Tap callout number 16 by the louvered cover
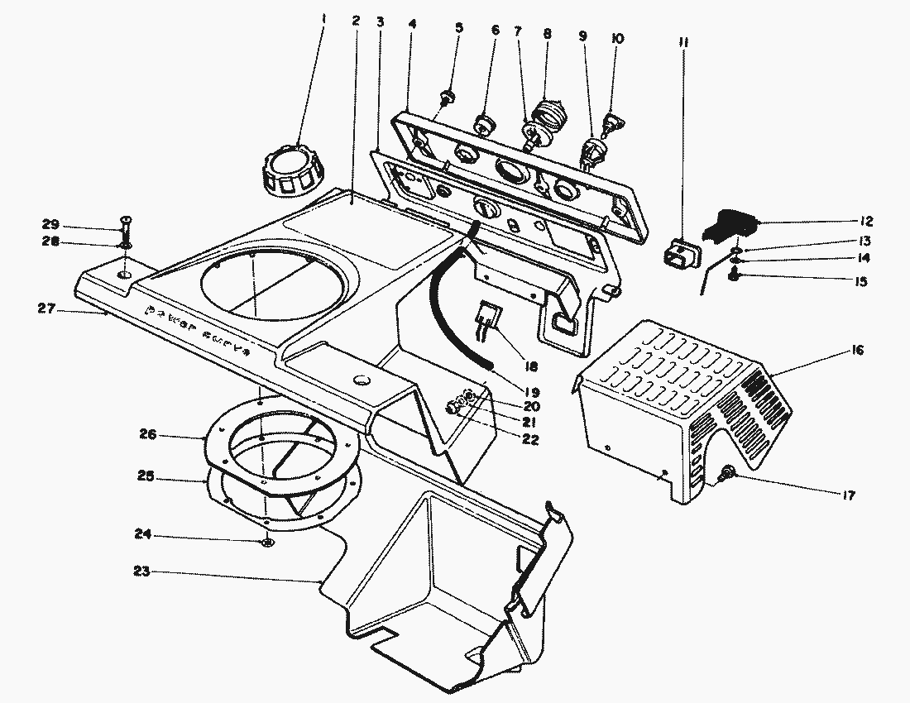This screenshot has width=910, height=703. tap(856, 351)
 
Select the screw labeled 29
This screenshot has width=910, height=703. tap(125, 226)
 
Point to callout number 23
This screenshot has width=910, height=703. tap(141, 571)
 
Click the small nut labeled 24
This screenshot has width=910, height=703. tap(266, 542)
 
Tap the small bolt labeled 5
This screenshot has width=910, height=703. tap(448, 98)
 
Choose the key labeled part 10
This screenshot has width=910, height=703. tap(612, 124)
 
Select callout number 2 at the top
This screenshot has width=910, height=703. tap(355, 21)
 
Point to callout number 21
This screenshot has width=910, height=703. tap(530, 423)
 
